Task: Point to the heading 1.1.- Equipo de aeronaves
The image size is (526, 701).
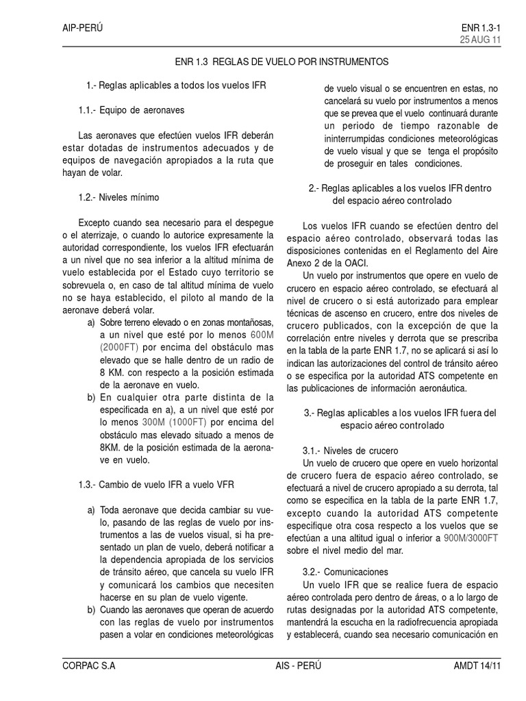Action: click(x=131, y=110)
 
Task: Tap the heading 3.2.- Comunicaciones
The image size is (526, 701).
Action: click(x=345, y=571)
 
